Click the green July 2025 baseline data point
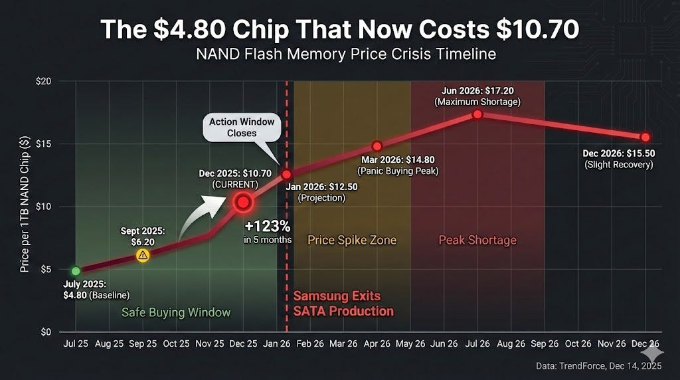coord(76,271)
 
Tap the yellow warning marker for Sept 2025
coord(142,255)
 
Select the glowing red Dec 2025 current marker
coord(243,201)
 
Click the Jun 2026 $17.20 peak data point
coord(477,114)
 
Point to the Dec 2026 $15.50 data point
coord(644,137)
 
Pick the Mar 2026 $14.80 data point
coord(377,145)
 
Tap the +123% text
coord(269,225)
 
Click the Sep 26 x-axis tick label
coord(544,344)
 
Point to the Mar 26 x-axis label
coord(343,344)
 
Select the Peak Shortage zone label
coord(477,240)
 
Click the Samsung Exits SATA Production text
coord(344,304)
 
